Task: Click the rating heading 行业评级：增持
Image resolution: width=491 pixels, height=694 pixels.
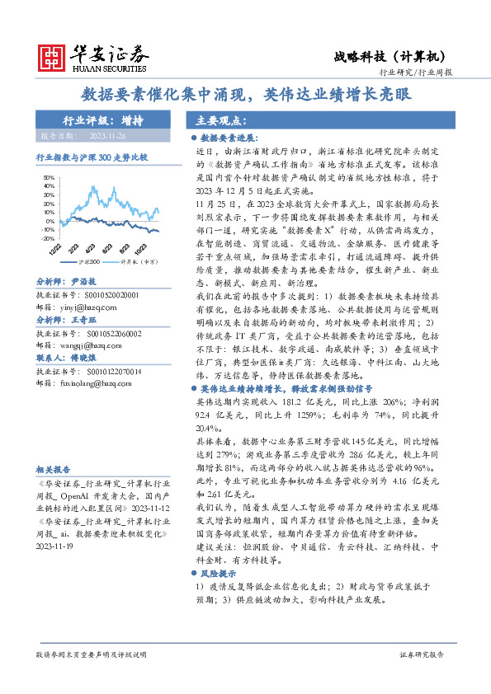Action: [102, 120]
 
